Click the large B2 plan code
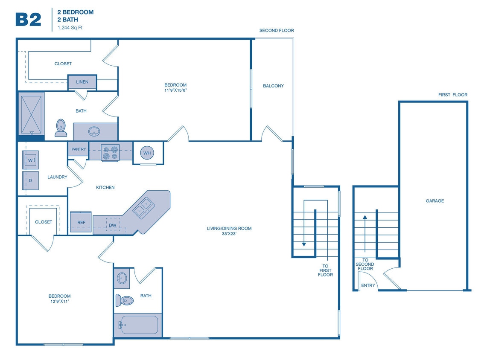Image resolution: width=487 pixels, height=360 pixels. [28, 19]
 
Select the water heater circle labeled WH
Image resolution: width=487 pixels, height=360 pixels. [147, 153]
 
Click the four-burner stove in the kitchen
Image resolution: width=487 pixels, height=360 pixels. [110, 153]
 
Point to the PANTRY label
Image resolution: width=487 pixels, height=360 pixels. [79, 149]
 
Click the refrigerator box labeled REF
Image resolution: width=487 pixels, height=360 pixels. [81, 222]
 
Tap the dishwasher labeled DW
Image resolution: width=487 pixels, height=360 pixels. [113, 225]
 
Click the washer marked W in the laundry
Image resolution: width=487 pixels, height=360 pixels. [31, 160]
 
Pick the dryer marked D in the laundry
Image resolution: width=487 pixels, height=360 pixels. [31, 180]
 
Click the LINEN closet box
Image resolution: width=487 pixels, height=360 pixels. [82, 82]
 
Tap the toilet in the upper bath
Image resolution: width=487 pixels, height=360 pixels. [61, 128]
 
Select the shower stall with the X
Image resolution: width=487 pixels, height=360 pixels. [32, 114]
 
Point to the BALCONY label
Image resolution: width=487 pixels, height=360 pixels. [273, 86]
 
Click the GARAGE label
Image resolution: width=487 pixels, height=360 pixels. [435, 201]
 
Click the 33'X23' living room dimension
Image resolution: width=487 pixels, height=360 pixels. [229, 234]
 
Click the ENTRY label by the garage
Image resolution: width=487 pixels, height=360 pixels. [368, 285]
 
